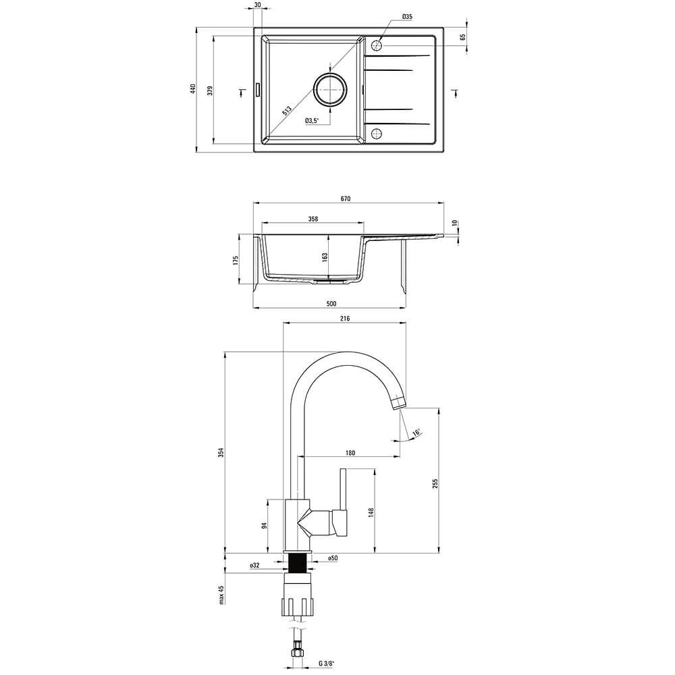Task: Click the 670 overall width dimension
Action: pos(345,198)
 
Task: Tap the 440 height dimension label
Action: pos(193,88)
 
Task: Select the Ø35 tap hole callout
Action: pos(407,17)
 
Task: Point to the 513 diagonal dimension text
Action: pos(287,111)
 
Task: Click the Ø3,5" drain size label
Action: pos(312,121)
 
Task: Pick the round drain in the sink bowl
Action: pos(330,89)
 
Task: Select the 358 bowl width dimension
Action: pos(313,219)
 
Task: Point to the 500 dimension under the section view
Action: pos(331,304)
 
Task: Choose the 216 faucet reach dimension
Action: pos(345,319)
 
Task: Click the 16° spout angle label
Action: pos(416,432)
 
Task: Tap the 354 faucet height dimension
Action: pos(221,452)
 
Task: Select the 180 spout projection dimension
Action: pos(350,452)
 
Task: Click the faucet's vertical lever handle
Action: pos(343,489)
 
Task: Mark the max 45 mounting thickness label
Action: pos(222,595)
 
